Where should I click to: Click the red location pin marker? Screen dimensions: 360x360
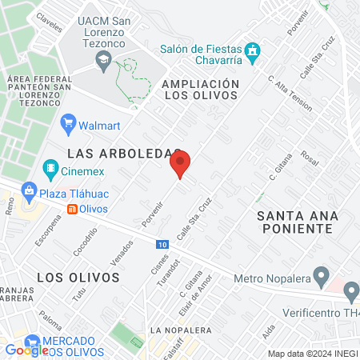180,163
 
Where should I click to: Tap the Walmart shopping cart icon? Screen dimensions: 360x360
68,125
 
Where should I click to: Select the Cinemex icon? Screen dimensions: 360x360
50,168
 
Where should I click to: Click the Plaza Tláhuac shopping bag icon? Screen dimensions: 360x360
29,191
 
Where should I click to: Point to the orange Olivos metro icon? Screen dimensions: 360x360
72,209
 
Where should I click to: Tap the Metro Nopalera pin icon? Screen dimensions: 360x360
322,278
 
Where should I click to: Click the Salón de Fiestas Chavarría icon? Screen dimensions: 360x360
254,52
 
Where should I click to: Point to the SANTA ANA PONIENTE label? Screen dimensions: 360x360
295,222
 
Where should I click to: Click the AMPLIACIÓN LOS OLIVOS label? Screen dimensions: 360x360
200,89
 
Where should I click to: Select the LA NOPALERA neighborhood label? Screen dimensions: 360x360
181,330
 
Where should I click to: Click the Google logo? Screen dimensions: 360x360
26,350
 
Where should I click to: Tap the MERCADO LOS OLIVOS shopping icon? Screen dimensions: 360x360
33,341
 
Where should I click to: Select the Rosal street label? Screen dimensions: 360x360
310,159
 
